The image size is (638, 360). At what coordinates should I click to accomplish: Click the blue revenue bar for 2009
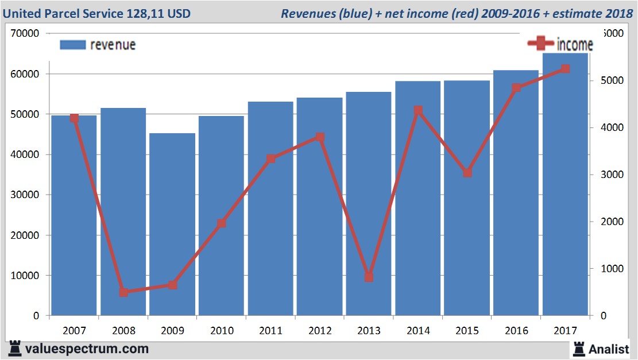[x=172, y=224]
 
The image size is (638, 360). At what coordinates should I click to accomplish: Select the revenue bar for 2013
[x=369, y=203]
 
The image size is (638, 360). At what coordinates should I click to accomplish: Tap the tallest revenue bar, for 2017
[x=565, y=184]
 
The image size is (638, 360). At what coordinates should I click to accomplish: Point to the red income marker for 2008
[x=123, y=292]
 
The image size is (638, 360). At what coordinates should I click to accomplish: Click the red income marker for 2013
[x=369, y=277]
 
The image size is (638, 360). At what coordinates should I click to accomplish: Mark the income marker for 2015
[x=467, y=173]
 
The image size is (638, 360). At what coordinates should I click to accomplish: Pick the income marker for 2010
[x=222, y=223]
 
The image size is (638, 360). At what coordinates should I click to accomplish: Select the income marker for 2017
[x=565, y=69]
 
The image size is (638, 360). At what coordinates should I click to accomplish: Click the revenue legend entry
[x=98, y=45]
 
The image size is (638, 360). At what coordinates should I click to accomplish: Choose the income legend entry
[x=560, y=44]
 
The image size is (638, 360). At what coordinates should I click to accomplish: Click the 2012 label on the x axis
[x=320, y=331]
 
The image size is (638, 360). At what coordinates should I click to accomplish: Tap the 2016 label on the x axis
[x=516, y=331]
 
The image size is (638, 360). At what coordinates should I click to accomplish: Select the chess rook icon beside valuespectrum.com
[x=16, y=348]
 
